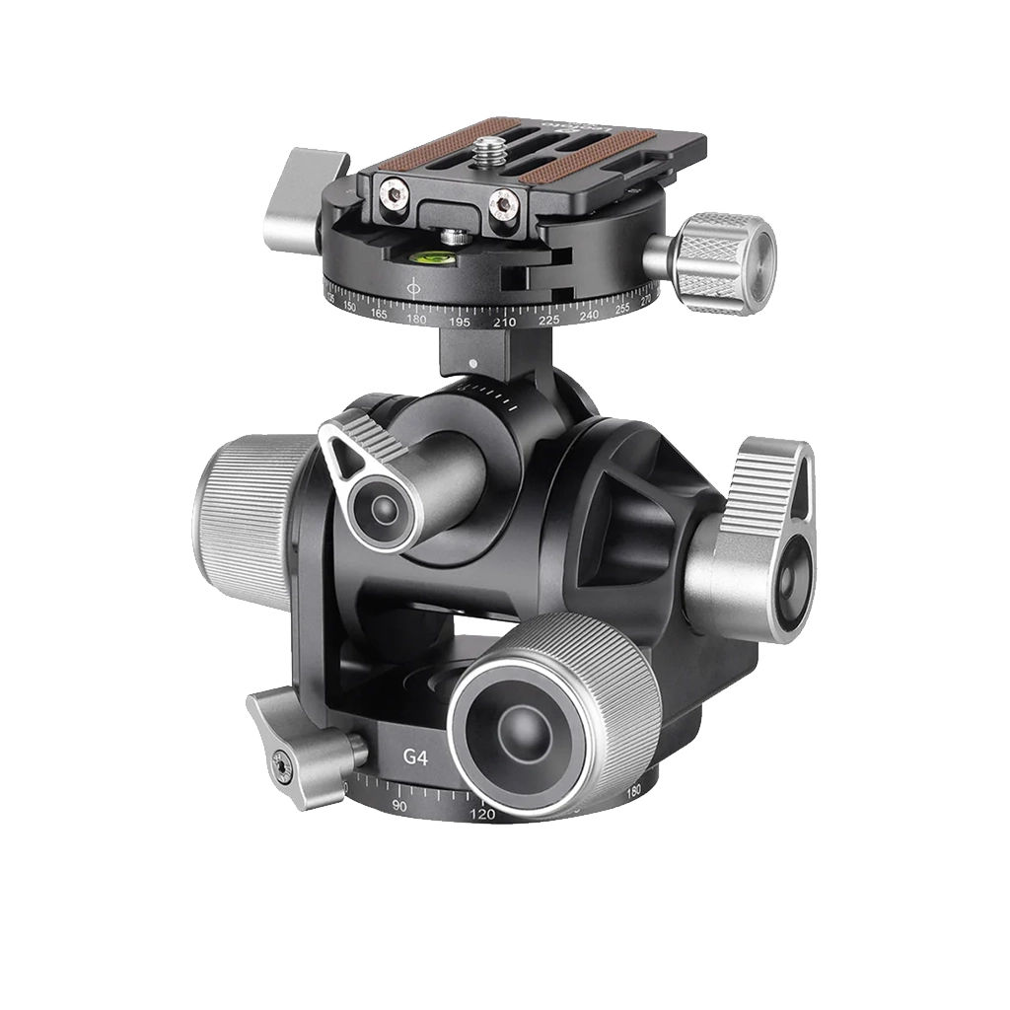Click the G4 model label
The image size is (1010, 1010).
tap(415, 757)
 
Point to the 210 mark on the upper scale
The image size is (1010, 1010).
tap(505, 323)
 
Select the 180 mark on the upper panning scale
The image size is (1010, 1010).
tap(416, 319)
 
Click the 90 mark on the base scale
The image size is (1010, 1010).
tap(399, 805)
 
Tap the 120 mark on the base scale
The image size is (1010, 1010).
tap(482, 815)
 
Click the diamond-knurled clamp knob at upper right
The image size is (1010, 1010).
tap(726, 262)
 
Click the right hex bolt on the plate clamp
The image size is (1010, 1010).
tap(505, 206)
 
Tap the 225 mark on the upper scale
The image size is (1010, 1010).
tap(549, 321)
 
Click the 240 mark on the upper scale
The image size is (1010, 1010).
tap(590, 315)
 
